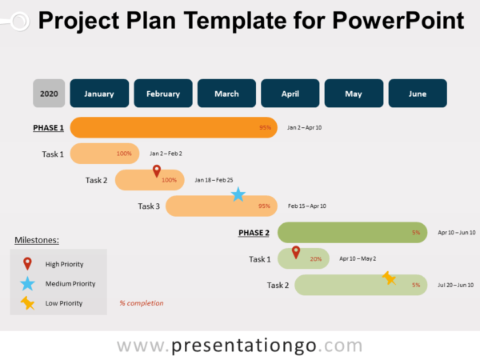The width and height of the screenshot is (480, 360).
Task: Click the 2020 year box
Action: point(49,94)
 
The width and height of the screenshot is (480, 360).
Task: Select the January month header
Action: point(99,94)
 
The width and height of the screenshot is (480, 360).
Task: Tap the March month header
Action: point(226,94)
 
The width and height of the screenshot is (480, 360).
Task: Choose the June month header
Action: point(418,94)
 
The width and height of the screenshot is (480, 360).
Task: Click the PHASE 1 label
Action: point(48,128)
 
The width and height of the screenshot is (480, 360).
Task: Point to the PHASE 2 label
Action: point(254,233)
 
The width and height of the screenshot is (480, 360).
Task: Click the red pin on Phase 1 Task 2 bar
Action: point(157,171)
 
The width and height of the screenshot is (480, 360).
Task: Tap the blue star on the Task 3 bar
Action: point(238,194)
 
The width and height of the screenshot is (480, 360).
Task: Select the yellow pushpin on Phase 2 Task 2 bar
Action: point(389,278)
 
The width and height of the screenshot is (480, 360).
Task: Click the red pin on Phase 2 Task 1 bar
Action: point(296,253)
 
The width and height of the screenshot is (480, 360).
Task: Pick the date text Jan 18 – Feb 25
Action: point(214,180)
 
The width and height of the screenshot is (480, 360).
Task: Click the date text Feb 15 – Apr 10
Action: point(307,206)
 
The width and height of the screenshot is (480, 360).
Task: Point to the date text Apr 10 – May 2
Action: point(358,259)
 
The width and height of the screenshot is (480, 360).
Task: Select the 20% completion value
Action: point(315,259)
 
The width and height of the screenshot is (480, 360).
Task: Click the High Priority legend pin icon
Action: point(28,263)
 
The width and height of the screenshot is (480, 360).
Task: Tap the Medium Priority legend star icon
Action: point(28,283)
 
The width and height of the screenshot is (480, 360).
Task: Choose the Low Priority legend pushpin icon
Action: point(28,302)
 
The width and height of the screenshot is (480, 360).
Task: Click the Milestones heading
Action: point(37,240)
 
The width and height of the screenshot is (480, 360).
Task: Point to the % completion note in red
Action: point(141,303)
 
